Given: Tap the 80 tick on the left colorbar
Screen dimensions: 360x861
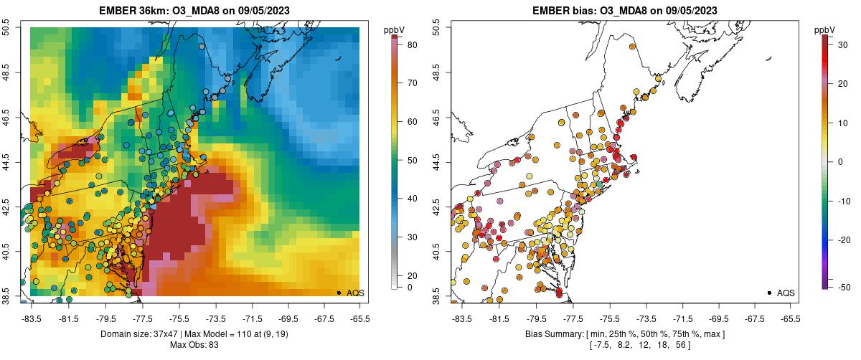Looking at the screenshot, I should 413,44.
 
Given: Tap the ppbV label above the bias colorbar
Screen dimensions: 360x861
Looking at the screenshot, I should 825,29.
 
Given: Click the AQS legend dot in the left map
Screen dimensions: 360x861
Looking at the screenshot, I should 339,293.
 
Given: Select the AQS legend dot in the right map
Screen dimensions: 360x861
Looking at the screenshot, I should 769,293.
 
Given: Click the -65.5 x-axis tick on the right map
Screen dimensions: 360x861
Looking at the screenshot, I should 790,317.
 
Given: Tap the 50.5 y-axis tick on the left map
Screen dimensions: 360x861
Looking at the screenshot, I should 6,27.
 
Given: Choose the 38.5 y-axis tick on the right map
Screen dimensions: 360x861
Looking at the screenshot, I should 437,294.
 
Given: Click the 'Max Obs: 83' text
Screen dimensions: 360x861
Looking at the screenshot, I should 195,345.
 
